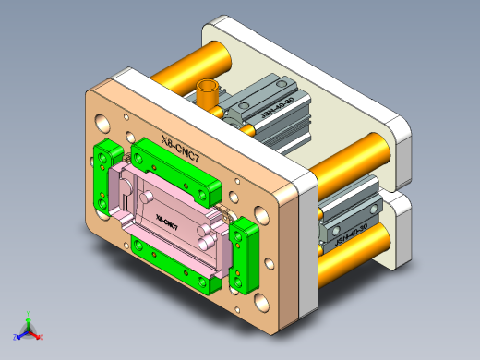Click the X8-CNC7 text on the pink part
(167, 222)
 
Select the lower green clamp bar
(175, 255)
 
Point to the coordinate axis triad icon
(28, 328)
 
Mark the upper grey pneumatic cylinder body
(268, 115)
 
